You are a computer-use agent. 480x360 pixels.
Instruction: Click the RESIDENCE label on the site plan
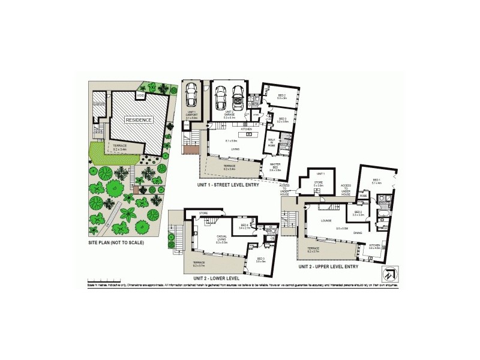(139, 120)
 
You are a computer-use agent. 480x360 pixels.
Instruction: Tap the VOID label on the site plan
(140, 96)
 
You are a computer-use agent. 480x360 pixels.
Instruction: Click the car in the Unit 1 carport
(191, 94)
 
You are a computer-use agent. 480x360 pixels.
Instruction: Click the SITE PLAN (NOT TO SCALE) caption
(116, 243)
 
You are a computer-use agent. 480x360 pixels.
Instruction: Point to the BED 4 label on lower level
(244, 226)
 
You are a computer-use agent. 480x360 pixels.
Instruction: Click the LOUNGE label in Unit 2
(326, 220)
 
